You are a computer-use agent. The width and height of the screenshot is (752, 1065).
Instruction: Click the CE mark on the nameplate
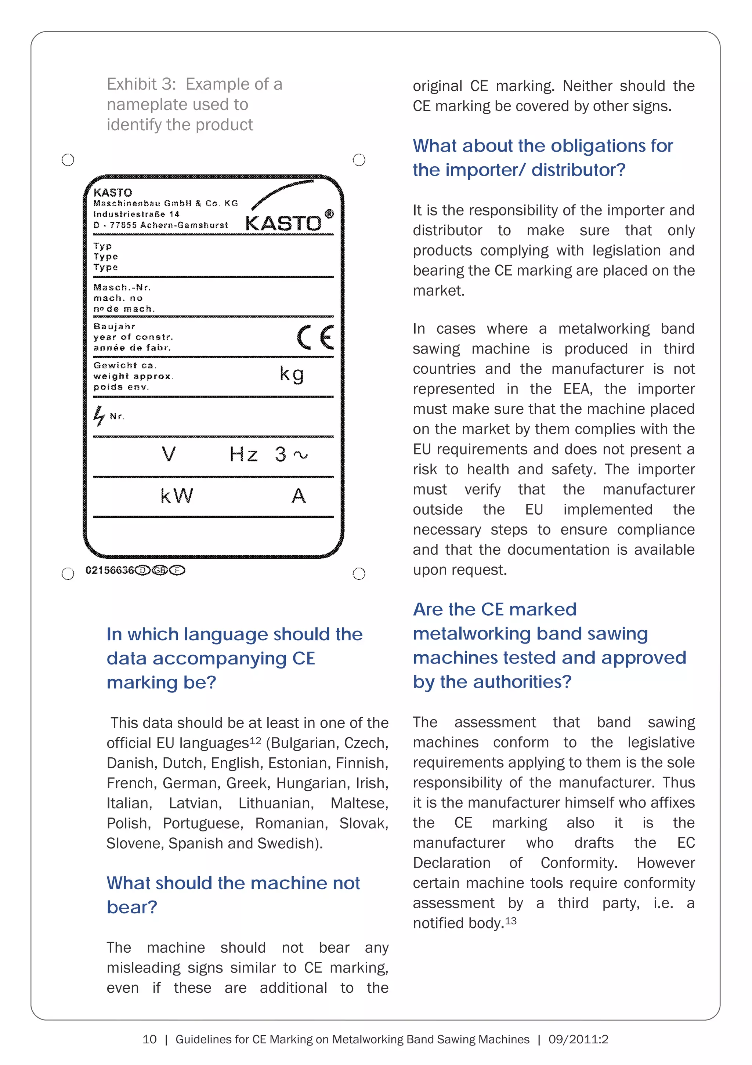pos(315,337)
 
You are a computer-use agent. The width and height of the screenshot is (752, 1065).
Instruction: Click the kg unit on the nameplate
pos(292,374)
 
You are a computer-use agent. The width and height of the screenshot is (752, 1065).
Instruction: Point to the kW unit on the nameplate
pos(176,496)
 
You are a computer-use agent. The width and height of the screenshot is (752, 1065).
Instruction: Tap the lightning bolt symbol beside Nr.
pos(99,416)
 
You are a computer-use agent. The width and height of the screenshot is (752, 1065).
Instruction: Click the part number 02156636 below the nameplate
pos(109,570)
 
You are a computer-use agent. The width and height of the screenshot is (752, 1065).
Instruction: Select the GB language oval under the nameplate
pos(160,570)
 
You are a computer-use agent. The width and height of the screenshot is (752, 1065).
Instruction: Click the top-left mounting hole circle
pos(68,160)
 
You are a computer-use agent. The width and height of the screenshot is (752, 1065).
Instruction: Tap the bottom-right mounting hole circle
pos(359,574)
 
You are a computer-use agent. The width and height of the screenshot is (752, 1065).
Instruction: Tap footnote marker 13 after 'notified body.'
pos(511,920)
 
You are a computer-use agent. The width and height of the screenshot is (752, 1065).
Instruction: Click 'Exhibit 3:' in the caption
pos(141,84)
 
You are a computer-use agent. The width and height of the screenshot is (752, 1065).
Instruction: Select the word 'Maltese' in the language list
pos(359,803)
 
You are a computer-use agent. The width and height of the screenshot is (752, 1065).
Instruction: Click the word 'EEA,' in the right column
pos(578,389)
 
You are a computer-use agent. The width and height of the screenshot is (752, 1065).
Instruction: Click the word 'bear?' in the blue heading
pos(132,907)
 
